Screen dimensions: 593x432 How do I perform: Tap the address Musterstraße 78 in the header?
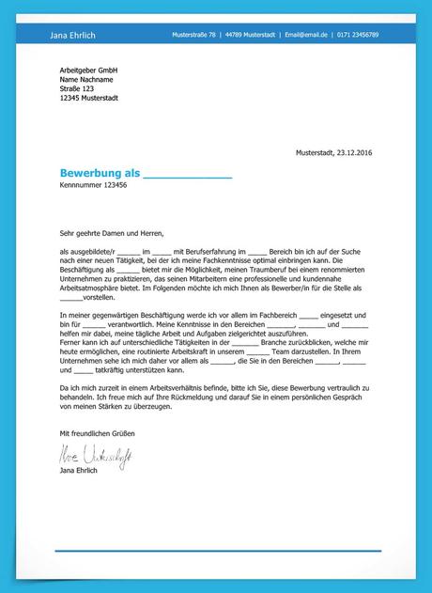[x=194, y=35]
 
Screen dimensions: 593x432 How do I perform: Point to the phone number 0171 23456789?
[x=360, y=35]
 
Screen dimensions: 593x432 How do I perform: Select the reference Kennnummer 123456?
[x=93, y=186]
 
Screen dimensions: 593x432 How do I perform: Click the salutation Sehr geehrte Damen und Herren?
[x=111, y=232]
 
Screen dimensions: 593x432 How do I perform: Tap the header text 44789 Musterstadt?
[x=251, y=35]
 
